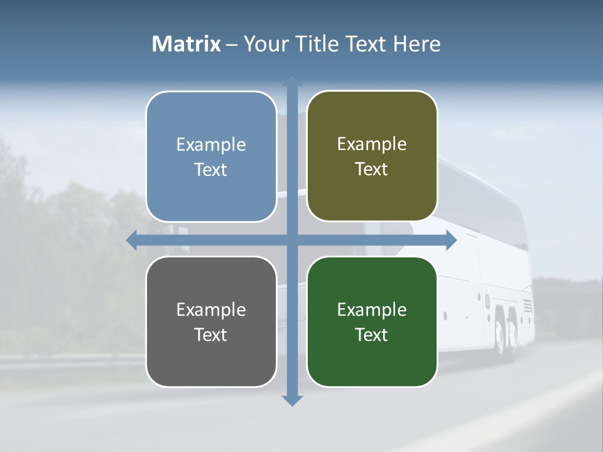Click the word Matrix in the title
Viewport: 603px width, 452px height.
coord(187,44)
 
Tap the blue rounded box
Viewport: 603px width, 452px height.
coord(211,156)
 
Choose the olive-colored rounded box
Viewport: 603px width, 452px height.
coord(372,156)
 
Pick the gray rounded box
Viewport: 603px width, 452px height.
coord(211,321)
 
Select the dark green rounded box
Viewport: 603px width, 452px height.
coord(372,321)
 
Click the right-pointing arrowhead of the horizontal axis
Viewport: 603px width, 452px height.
coord(451,240)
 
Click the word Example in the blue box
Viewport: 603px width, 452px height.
coord(211,144)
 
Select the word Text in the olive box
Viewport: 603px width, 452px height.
coord(372,169)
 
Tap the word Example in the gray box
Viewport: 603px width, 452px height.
coord(211,309)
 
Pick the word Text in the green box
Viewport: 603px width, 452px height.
coord(372,335)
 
